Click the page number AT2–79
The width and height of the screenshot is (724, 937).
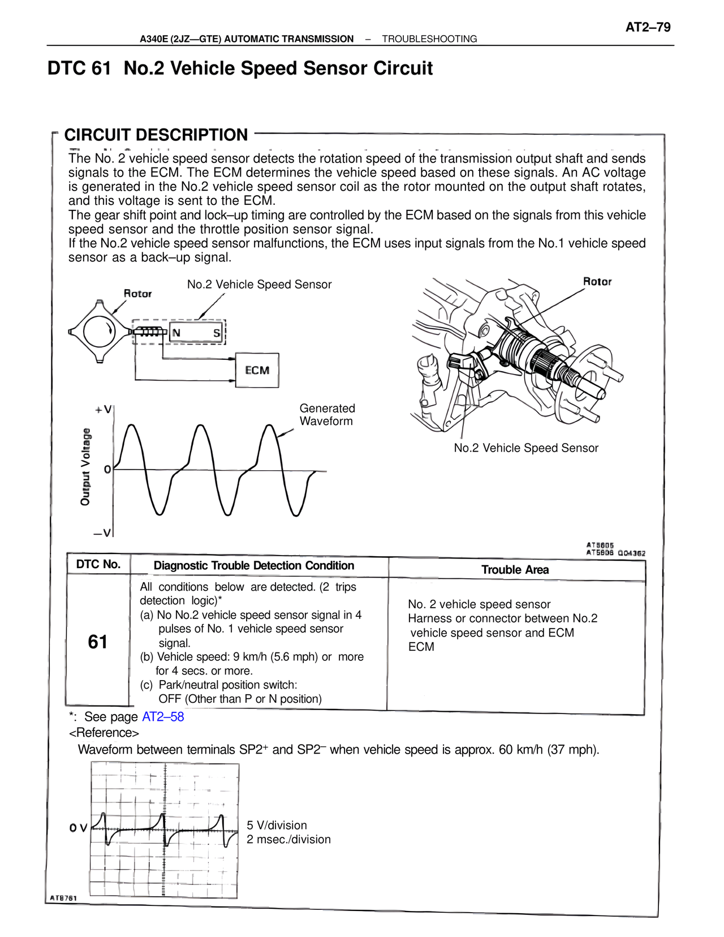[648, 27]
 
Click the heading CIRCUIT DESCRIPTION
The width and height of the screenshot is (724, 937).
[156, 135]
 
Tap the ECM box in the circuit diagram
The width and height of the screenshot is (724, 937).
[257, 370]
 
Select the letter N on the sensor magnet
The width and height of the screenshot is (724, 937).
[176, 333]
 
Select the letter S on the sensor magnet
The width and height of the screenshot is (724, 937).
[217, 333]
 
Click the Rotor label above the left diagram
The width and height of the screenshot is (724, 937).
[137, 293]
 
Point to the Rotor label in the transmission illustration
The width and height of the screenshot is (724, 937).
[597, 281]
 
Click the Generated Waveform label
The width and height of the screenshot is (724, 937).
[327, 415]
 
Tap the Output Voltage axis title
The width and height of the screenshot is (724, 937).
[85, 467]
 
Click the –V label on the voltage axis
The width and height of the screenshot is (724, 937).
[103, 533]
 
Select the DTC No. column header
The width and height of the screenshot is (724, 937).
[98, 564]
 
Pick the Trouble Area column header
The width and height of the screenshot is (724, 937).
[515, 570]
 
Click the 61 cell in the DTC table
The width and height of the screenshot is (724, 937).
[98, 642]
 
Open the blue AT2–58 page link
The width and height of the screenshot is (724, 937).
[163, 716]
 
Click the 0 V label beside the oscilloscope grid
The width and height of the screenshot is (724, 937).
[78, 828]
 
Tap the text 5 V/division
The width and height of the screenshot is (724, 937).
[277, 825]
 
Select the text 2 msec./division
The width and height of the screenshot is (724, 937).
[288, 839]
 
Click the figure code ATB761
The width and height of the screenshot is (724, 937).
[63, 898]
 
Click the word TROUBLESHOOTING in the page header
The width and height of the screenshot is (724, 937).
[429, 39]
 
